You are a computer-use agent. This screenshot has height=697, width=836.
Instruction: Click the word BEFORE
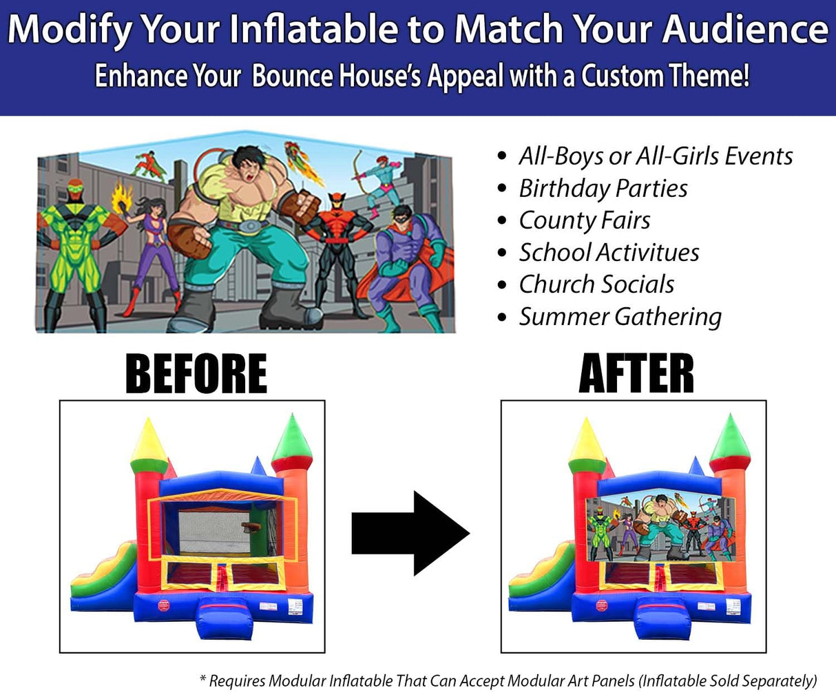click(x=196, y=373)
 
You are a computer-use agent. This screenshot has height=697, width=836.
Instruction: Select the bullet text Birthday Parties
click(x=603, y=188)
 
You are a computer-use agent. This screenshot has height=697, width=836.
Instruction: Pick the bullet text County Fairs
click(x=585, y=220)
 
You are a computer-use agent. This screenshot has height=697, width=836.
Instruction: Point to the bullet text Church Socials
click(x=596, y=284)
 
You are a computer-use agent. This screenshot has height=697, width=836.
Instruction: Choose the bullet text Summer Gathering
click(x=620, y=317)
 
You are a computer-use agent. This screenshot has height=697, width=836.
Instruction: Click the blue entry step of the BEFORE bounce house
click(x=218, y=616)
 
